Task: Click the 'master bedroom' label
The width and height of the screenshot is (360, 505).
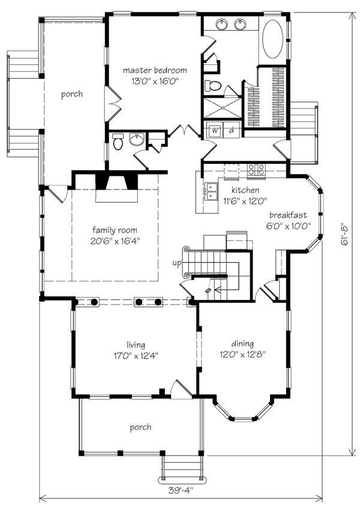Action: (155, 70)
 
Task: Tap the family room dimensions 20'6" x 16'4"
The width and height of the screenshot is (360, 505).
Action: (115, 241)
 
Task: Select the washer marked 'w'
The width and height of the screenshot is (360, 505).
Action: (215, 130)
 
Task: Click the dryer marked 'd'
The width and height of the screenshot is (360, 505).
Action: (232, 130)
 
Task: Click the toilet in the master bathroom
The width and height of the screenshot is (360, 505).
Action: (213, 86)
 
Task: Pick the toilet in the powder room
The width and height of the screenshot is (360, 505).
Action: (118, 142)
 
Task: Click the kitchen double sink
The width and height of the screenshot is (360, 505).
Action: (211, 191)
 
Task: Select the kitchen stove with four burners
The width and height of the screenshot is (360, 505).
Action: (257, 169)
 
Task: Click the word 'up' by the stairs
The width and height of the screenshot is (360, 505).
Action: (177, 263)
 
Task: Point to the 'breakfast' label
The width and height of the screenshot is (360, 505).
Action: (288, 215)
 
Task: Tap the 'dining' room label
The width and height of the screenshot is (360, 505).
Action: (242, 344)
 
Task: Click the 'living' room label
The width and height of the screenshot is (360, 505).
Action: (136, 345)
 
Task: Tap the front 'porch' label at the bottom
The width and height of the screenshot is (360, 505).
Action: (140, 428)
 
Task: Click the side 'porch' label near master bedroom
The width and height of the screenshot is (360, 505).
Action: (72, 94)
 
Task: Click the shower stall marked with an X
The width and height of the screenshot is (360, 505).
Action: (222, 108)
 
